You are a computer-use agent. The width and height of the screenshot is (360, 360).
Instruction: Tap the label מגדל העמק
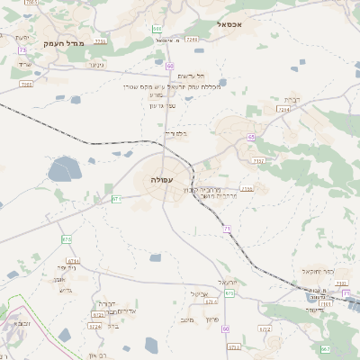point(88,43)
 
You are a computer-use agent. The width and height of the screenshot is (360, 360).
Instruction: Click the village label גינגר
point(95,64)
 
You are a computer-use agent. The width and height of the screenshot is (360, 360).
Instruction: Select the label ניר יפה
point(67,267)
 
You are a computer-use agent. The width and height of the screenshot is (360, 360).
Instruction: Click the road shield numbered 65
point(251,137)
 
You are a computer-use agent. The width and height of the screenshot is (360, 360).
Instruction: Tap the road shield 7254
point(284,110)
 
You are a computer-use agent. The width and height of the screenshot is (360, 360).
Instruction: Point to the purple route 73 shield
point(21,62)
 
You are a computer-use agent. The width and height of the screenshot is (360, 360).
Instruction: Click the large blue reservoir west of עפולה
point(63,169)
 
